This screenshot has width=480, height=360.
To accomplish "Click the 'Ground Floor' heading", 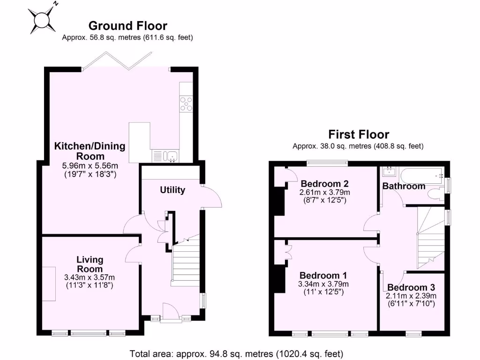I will pos(127,26).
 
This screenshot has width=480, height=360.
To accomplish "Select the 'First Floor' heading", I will pos(358,135).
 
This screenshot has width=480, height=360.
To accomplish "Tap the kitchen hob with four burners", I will pos(186,103).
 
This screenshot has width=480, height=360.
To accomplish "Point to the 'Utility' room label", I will pos(172,190).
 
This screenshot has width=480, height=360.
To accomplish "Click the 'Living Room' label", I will pos(90,264).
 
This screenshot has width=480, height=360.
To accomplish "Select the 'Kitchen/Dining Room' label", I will pos(90,151).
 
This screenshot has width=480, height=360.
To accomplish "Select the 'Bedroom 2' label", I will pos(325,183).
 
